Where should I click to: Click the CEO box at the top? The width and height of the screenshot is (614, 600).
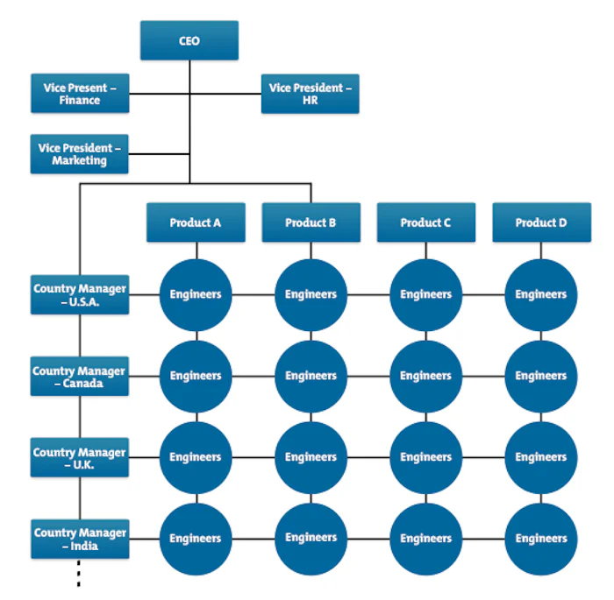pos(189,41)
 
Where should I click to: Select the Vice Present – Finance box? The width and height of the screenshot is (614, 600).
pos(80,94)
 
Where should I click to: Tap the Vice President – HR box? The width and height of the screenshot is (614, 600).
pos(311,94)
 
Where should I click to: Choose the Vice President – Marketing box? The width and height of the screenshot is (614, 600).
pos(79,154)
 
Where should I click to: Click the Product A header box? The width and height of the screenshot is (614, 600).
pos(196,222)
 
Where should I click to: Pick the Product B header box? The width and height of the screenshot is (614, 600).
pos(311,222)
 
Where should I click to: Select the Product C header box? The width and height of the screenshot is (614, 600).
pos(425,222)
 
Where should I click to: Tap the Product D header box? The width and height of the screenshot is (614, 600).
pos(541,222)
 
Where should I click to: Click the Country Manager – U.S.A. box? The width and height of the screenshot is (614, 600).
pos(80,294)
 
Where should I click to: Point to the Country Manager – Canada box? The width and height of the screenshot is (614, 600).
pos(80,377)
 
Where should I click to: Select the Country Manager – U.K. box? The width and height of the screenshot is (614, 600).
pos(80,458)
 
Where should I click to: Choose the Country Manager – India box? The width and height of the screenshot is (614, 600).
pos(80,539)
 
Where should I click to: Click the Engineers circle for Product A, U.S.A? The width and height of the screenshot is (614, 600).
pos(196,294)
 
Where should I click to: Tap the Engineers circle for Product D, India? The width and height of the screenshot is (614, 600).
pos(541,539)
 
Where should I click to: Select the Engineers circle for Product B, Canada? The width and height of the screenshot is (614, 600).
pos(311,376)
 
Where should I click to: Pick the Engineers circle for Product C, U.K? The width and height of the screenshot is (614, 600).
pos(425,457)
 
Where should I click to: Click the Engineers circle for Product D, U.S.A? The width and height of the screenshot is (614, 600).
pos(541,294)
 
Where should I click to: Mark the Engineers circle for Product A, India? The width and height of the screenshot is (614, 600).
pos(196,539)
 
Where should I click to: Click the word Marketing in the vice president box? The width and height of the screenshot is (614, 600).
pos(79,161)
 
